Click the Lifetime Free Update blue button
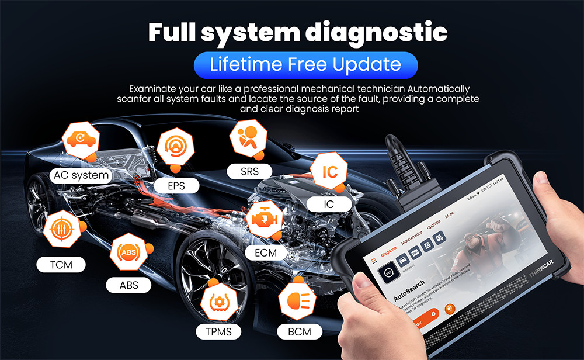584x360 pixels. coord(305,64)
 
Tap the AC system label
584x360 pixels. coord(81,175)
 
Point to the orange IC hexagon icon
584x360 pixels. coord(329,172)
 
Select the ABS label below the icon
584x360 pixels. coord(129,285)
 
